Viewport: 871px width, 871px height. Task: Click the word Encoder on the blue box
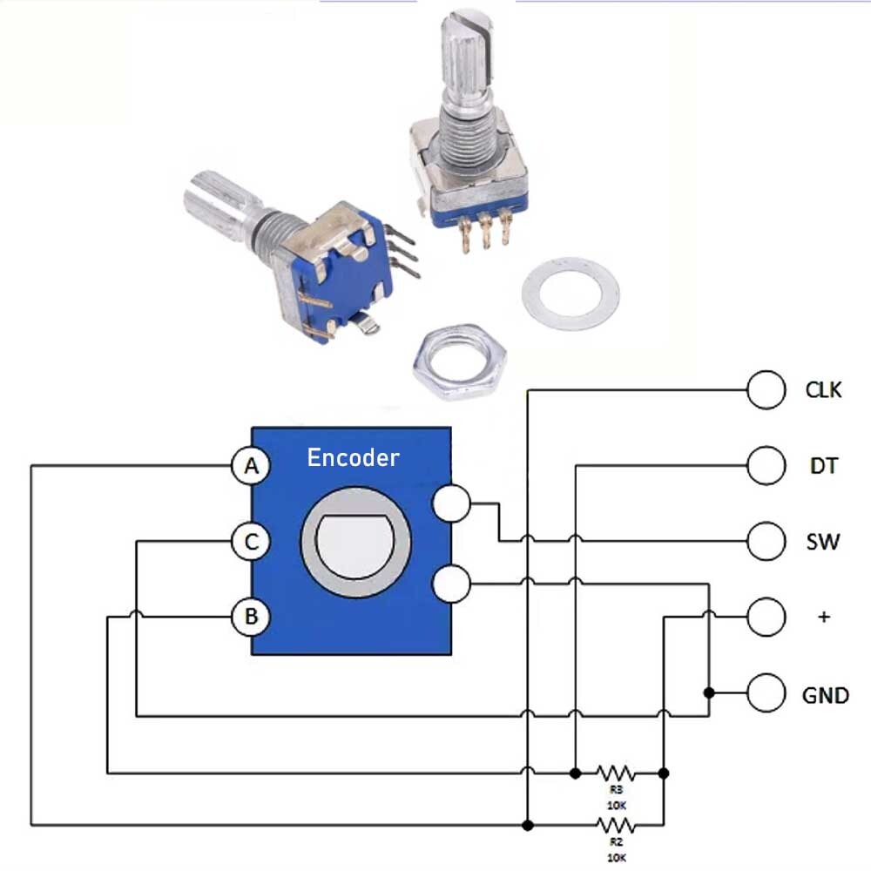(353, 457)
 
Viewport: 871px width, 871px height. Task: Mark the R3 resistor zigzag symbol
(617, 772)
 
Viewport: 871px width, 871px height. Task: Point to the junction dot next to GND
(709, 693)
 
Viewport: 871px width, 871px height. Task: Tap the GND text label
(824, 695)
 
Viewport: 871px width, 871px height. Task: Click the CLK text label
(823, 390)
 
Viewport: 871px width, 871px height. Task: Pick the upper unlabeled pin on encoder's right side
(452, 503)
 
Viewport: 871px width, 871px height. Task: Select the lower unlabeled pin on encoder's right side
(452, 584)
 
